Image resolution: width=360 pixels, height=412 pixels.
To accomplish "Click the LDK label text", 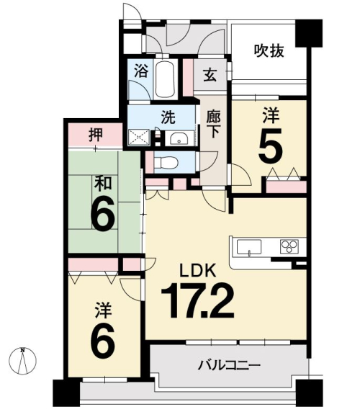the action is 198,270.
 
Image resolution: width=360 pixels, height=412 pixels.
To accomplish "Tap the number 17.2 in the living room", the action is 197,300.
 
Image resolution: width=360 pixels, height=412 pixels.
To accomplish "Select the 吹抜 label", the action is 269,51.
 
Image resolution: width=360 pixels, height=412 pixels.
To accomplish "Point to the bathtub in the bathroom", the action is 165,79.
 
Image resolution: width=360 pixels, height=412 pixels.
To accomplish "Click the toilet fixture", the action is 166,163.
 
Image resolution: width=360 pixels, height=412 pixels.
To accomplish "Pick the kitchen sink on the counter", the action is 249,247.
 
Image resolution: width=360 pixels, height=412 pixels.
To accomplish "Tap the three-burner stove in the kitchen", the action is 289,246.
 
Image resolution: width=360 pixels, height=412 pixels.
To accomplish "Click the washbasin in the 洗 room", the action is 179,138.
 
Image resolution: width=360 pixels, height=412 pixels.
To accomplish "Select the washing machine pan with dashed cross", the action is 139,138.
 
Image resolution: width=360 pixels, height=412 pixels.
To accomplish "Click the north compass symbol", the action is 23,360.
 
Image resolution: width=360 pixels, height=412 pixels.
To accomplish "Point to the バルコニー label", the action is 229,365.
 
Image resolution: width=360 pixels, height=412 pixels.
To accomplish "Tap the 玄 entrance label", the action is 210,75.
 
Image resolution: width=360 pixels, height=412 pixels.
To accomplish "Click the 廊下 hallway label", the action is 213,124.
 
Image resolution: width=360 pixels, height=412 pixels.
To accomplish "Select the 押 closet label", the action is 96,135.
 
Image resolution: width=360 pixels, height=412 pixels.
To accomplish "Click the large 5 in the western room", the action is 271,145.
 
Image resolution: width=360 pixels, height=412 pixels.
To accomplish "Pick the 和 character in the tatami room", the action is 103,183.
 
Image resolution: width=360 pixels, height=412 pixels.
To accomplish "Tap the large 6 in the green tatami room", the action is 102,213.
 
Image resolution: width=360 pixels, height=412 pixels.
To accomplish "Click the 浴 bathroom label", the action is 142,71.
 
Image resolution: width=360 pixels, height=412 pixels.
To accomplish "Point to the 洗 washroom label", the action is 168,117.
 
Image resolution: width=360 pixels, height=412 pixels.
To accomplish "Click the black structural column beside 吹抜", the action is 309,33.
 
